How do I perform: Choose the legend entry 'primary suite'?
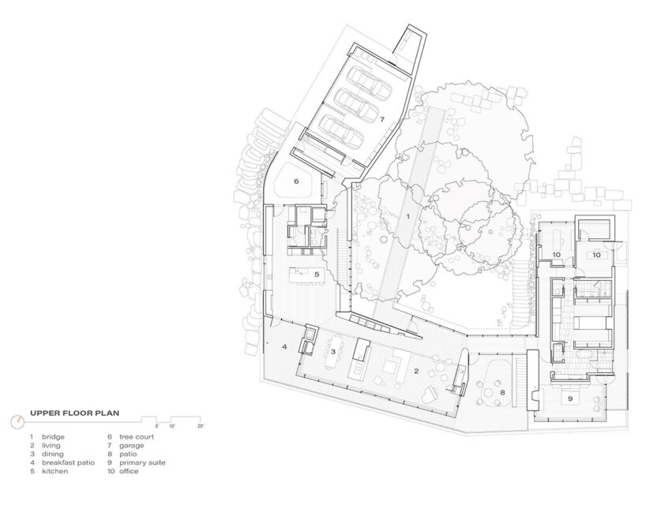[142, 462]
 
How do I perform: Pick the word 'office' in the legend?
[130, 471]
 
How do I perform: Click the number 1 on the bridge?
[408, 215]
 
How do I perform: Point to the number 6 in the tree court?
[296, 181]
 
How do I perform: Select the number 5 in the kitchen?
[316, 275]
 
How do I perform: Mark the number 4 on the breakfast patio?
[284, 346]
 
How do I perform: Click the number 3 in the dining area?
[333, 352]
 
